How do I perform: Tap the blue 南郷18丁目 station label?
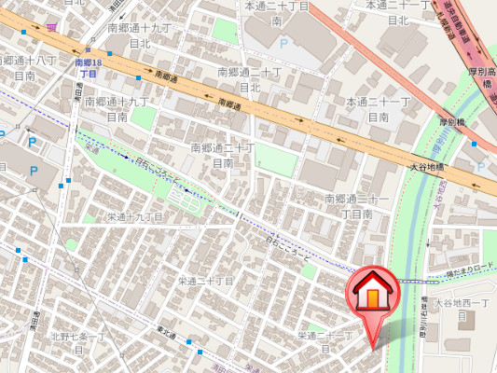[88, 67]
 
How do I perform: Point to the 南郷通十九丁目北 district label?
[140, 36]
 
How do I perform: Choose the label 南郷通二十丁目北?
[249, 79]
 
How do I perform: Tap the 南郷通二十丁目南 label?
[223, 155]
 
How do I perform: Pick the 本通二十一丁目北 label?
[397, 12]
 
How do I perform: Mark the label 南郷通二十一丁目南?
[356, 206]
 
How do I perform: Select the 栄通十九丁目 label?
[135, 216]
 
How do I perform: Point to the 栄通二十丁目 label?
[205, 280]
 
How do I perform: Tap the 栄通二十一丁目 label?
[324, 340]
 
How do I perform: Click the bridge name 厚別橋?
[451, 121]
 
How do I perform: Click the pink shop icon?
[49, 28]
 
